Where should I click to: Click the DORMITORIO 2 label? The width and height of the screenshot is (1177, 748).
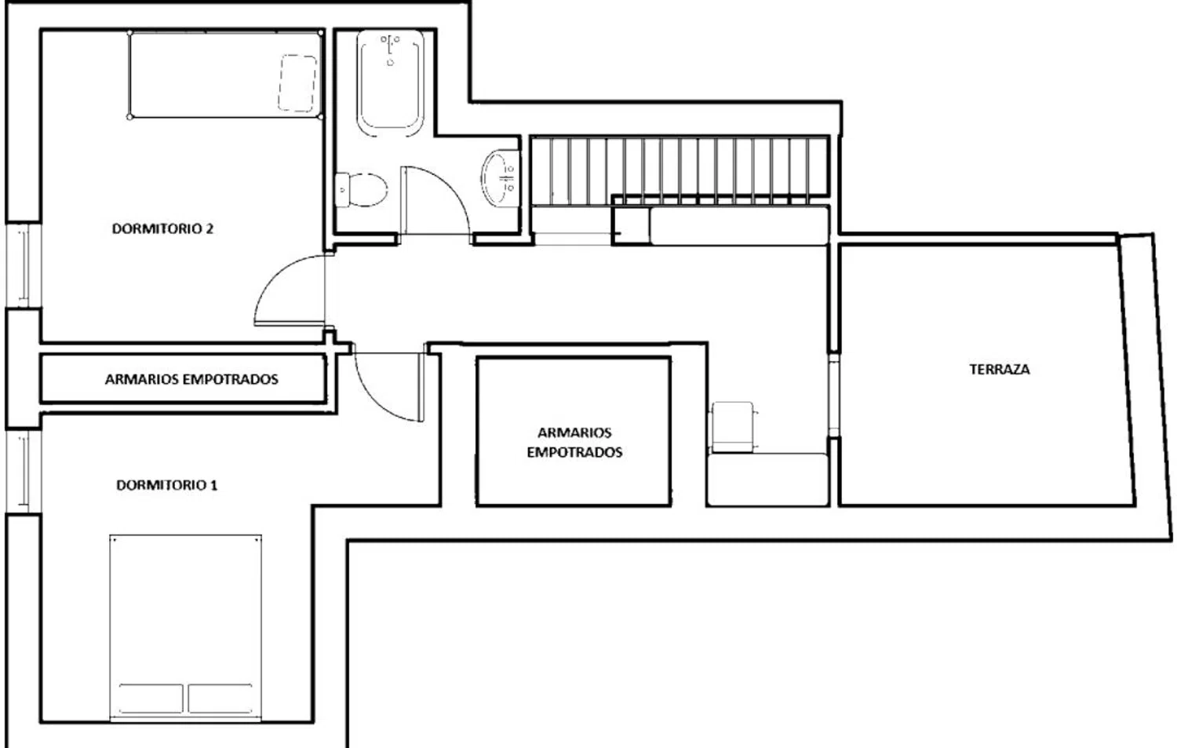[163, 228]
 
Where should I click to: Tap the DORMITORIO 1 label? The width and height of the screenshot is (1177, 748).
[166, 484]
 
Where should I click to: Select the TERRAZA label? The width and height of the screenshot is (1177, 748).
[1000, 370]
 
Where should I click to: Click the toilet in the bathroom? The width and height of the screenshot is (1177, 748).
[362, 190]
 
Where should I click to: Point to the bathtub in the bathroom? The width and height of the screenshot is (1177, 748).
[390, 83]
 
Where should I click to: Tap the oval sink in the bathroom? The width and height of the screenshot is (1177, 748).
[499, 177]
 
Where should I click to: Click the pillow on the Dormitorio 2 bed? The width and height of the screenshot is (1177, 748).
[298, 83]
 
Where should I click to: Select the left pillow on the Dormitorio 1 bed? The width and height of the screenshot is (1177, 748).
[151, 698]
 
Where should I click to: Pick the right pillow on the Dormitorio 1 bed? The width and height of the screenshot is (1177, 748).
[220, 698]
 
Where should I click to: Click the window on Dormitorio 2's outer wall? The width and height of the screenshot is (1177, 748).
[23, 265]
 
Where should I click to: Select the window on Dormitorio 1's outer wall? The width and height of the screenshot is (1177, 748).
[23, 472]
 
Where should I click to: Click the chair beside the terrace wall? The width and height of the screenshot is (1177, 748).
[734, 427]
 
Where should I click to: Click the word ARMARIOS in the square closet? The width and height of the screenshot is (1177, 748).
[574, 432]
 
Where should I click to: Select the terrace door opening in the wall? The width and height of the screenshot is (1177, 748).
[834, 395]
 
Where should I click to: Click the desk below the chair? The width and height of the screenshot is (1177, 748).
[767, 480]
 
